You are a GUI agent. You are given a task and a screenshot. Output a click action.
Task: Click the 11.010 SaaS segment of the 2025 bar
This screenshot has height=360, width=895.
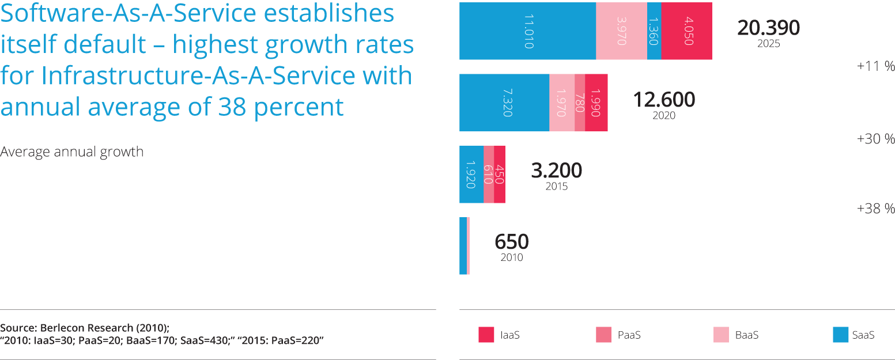click(527, 31)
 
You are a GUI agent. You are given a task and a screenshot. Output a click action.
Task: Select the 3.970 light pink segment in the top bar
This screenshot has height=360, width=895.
click(621, 31)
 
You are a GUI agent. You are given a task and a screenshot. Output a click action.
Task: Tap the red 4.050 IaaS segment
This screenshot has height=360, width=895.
click(686, 31)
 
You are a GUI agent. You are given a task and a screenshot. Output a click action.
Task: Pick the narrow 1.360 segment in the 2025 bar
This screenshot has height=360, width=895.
click(654, 31)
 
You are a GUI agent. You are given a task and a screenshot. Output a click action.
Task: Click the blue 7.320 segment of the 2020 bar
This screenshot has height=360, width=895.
click(504, 103)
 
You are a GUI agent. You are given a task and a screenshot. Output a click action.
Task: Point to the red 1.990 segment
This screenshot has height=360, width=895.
click(597, 103)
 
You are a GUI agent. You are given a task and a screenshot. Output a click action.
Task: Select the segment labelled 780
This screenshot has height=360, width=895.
click(580, 103)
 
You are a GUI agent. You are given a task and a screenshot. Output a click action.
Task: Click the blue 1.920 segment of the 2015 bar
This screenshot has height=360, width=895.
click(471, 174)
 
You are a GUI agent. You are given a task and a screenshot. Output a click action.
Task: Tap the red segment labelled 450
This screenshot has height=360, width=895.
click(500, 174)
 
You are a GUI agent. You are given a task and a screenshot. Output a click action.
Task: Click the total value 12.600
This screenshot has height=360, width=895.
click(664, 100)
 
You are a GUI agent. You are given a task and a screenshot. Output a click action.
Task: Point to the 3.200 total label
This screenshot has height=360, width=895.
click(556, 171)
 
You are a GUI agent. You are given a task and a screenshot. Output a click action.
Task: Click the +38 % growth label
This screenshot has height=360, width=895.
click(876, 209)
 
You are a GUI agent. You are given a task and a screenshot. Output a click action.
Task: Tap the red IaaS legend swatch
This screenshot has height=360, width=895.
click(486, 335)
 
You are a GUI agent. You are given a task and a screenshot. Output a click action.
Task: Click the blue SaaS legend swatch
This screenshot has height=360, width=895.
click(841, 335)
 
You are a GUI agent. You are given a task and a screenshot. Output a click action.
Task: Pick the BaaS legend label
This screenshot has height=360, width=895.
click(746, 335)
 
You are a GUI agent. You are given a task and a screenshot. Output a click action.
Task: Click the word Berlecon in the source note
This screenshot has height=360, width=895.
click(64, 328)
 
